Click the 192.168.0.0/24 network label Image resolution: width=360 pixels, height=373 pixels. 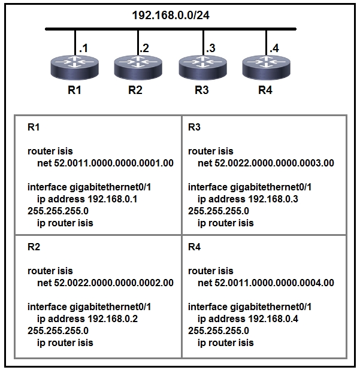pyautogui.click(x=171, y=16)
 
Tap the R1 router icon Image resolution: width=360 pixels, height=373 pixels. pyautogui.click(x=75, y=67)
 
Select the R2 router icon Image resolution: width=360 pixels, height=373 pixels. pyautogui.click(x=138, y=67)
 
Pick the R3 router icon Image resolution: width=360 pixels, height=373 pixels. pyautogui.click(x=202, y=67)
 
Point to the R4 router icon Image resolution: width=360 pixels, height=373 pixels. pyautogui.click(x=266, y=67)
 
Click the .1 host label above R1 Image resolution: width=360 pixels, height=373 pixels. pyautogui.click(x=83, y=48)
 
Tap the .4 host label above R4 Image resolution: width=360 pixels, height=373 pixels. pyautogui.click(x=274, y=48)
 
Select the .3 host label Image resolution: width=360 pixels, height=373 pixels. pyautogui.click(x=211, y=48)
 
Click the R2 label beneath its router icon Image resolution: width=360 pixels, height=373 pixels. pyautogui.click(x=135, y=90)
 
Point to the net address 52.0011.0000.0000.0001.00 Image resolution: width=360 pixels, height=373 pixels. pyautogui.click(x=114, y=163)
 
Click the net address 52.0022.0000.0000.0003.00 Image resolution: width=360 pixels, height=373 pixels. pyautogui.click(x=274, y=163)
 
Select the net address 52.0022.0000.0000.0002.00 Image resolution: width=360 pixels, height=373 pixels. pyautogui.click(x=114, y=283)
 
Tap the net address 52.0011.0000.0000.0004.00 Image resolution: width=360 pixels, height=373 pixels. pyautogui.click(x=274, y=283)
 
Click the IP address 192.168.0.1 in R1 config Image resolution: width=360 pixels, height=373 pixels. pyautogui.click(x=113, y=199)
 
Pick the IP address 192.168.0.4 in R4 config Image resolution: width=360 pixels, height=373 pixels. pyautogui.click(x=273, y=319)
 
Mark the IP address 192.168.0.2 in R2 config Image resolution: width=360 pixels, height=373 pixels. pyautogui.click(x=113, y=319)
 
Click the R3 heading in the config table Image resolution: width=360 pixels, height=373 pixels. pyautogui.click(x=194, y=128)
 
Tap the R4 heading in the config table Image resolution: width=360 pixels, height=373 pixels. pyautogui.click(x=194, y=247)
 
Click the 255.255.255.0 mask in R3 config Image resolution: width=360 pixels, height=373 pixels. pyautogui.click(x=219, y=211)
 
